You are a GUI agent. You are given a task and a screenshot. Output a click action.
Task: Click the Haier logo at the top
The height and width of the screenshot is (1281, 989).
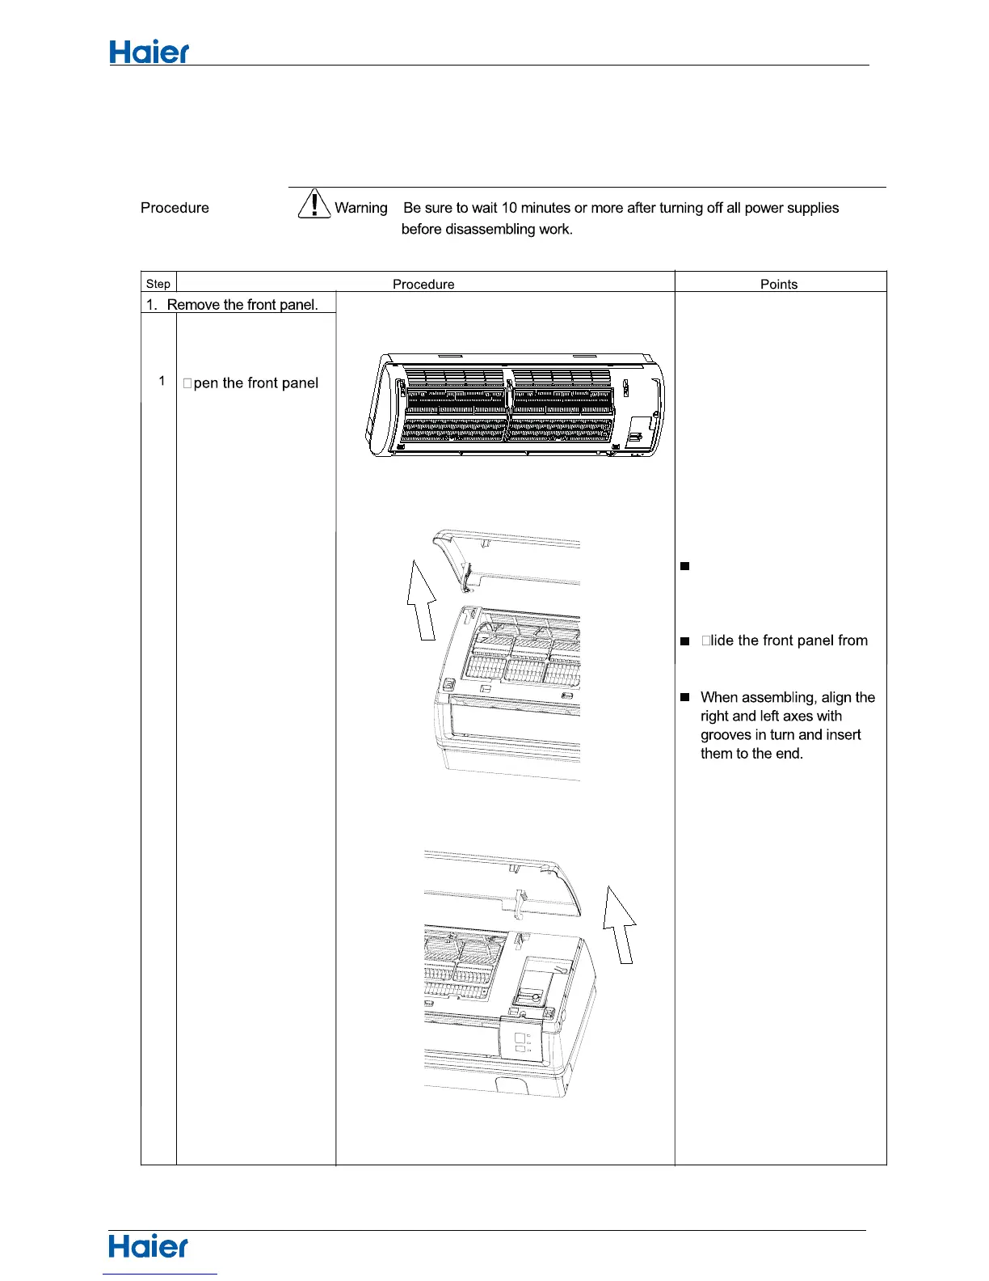(x=149, y=53)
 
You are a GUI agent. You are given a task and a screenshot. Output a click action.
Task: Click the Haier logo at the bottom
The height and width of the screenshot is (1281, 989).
(x=149, y=1246)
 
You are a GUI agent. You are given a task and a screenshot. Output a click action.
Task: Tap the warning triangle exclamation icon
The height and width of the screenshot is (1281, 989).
(x=314, y=203)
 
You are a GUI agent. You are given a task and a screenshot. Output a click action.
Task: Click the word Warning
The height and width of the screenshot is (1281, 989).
(x=361, y=208)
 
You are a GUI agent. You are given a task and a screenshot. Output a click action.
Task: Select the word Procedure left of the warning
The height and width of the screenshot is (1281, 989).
(x=175, y=208)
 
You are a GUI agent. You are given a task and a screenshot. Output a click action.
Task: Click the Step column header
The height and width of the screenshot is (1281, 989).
(x=158, y=284)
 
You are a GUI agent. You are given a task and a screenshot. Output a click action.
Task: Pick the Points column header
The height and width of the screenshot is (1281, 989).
(x=779, y=285)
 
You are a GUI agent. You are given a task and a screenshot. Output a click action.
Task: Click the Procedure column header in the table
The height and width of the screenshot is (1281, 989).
(x=423, y=285)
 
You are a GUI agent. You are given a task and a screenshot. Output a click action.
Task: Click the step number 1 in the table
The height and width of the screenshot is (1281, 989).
(x=162, y=381)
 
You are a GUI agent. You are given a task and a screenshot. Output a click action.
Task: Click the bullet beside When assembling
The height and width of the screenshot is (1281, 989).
(x=684, y=697)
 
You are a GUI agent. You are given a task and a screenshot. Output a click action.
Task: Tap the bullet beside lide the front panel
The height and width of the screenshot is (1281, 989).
(x=684, y=641)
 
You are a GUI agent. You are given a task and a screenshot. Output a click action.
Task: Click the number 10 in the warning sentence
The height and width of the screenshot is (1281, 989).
(x=509, y=208)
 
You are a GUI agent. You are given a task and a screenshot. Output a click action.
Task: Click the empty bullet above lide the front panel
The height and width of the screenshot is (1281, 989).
(x=684, y=566)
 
